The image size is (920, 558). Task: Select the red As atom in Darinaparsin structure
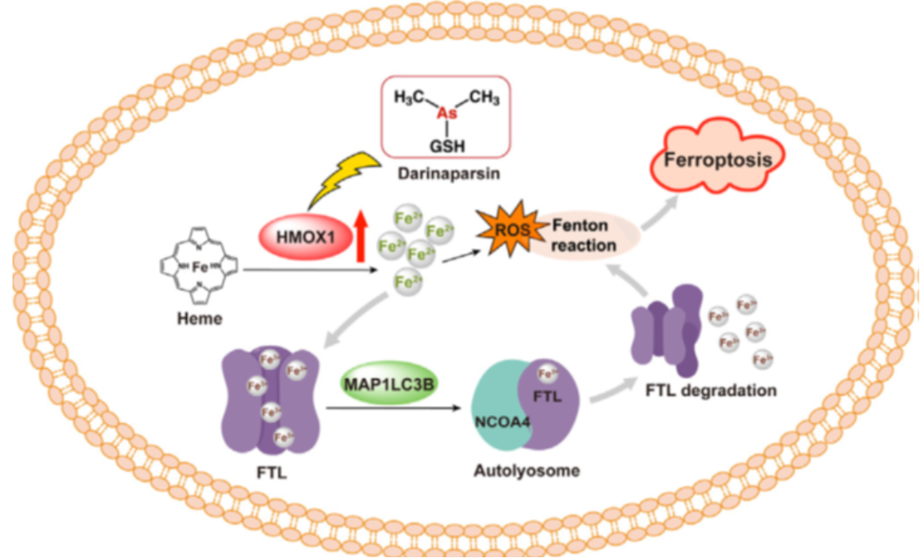point(446,115)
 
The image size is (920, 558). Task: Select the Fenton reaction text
point(581,235)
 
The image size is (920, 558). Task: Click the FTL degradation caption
point(710,390)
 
